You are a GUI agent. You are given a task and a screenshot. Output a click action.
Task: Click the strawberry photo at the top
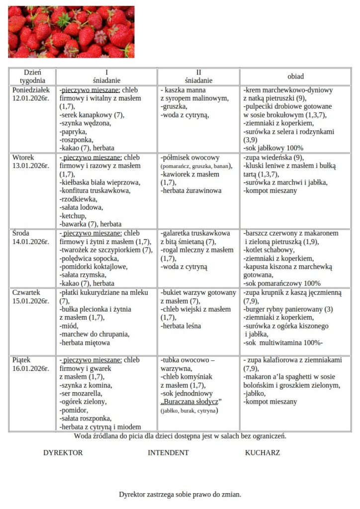(71, 32)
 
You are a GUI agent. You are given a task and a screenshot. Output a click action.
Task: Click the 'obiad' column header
(295, 77)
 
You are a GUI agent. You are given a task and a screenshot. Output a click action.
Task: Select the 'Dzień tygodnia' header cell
(32, 76)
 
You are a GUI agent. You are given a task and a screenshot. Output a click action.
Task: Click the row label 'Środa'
(21, 233)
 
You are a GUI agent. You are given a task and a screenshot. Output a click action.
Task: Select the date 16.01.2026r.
(31, 368)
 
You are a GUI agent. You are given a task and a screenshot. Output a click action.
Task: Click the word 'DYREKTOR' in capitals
(63, 453)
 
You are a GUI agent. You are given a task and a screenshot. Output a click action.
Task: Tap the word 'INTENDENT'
(168, 453)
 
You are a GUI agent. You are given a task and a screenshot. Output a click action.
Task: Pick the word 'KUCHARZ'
(262, 453)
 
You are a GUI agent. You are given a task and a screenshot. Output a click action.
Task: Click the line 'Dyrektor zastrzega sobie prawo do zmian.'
(180, 495)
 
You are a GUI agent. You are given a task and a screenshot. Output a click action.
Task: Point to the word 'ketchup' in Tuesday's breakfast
(73, 216)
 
